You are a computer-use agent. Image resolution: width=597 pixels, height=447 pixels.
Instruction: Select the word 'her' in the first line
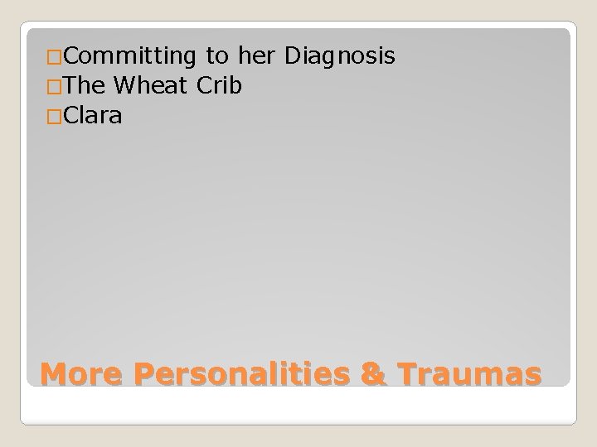[x=258, y=56]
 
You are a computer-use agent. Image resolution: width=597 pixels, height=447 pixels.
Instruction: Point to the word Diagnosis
[x=340, y=56]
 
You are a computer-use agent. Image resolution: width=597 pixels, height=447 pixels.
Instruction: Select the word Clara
[x=92, y=117]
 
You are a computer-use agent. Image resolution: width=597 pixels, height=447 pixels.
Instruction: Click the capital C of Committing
[x=70, y=56]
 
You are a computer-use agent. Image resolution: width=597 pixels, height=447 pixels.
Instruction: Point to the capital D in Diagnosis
[x=292, y=56]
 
